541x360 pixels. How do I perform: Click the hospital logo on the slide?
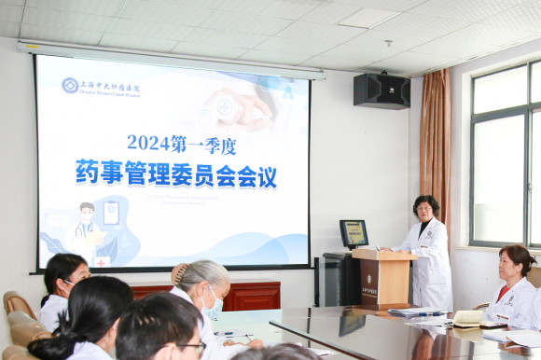pyautogui.click(x=70, y=86)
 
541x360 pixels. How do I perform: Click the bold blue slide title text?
pyautogui.click(x=176, y=173)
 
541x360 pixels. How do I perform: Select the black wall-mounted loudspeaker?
pyautogui.click(x=381, y=90)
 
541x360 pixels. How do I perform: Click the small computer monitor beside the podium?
pyautogui.click(x=354, y=233)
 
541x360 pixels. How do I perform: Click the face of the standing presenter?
pyautogui.click(x=425, y=211)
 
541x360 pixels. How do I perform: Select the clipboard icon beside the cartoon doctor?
pyautogui.click(x=111, y=213)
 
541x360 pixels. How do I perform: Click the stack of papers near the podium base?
pyautogui.click(x=416, y=312)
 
